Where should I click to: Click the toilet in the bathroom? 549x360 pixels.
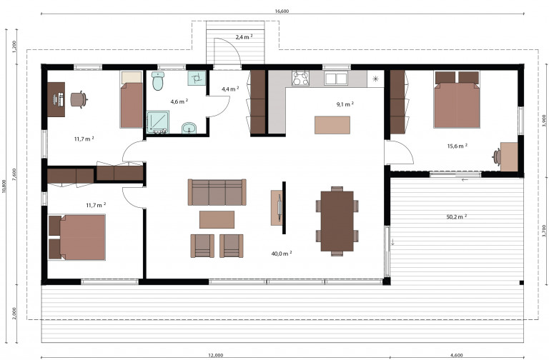pos(157,81)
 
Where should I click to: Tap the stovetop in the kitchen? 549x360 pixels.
pos(301,79)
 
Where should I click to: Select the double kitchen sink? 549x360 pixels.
pos(335,79)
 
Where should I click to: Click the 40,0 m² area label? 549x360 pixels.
pos(282,254)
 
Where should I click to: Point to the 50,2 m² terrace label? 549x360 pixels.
pos(457,217)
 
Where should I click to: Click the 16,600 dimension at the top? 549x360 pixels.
pos(282,11)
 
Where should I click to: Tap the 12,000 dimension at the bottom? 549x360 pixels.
pos(216,356)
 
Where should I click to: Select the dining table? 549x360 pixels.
pos(337,221)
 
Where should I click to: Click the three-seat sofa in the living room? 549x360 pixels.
pos(217,192)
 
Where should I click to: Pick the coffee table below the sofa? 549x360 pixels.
pos(217,219)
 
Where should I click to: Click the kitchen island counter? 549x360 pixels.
pos(332,125)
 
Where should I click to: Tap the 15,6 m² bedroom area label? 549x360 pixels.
pos(457,146)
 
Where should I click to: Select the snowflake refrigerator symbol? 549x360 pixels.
pos(375,79)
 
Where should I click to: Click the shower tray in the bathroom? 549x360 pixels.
pos(158,122)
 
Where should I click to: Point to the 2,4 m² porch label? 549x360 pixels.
pos(244,36)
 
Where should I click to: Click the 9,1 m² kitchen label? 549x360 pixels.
pos(345,104)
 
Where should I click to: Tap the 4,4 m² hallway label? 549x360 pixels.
pos(230,89)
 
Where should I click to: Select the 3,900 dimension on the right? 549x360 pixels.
pos(544,120)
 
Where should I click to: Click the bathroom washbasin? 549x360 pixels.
pos(189,129)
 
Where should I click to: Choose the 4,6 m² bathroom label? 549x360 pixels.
pos(179,101)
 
